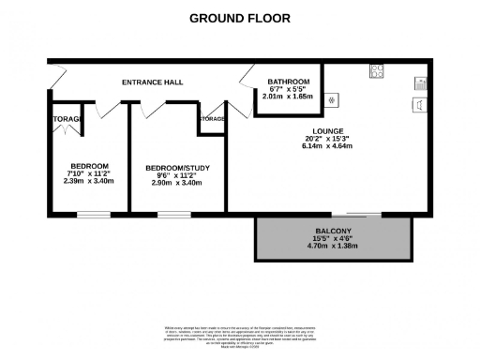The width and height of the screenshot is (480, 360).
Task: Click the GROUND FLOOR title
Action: click(240, 18)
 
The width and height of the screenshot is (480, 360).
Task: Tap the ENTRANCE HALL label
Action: click(152, 82)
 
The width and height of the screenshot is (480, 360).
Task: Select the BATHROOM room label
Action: click(288, 81)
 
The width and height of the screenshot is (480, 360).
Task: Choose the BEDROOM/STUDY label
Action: click(178, 168)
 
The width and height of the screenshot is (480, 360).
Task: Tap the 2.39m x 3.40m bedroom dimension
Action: click(90, 182)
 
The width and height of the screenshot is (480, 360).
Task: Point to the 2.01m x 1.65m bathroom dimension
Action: click(288, 97)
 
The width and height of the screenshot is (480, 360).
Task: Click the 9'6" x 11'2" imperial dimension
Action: click(178, 175)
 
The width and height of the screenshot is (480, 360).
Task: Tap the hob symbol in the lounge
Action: click(377, 69)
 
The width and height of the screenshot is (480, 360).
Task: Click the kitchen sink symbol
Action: click(419, 104)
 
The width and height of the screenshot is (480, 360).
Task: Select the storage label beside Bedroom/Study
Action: click(211, 119)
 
